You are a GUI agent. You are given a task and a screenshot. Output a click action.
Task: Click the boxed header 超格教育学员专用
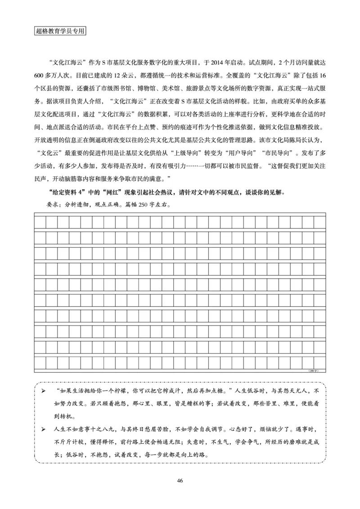(60, 32)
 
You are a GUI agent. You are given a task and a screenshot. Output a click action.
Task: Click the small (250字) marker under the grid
(314, 371)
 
